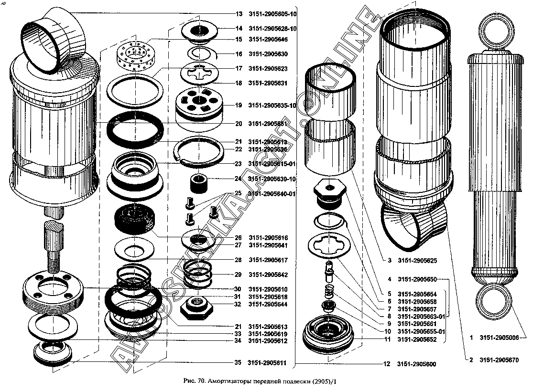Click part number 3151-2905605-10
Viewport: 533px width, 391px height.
click(272, 14)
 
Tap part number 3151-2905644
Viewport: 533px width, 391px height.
click(268, 304)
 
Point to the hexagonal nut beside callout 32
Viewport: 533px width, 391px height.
click(196, 306)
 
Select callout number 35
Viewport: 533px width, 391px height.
click(238, 363)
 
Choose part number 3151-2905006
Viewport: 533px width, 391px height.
click(500, 338)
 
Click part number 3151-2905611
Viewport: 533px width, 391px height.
click(267, 363)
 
